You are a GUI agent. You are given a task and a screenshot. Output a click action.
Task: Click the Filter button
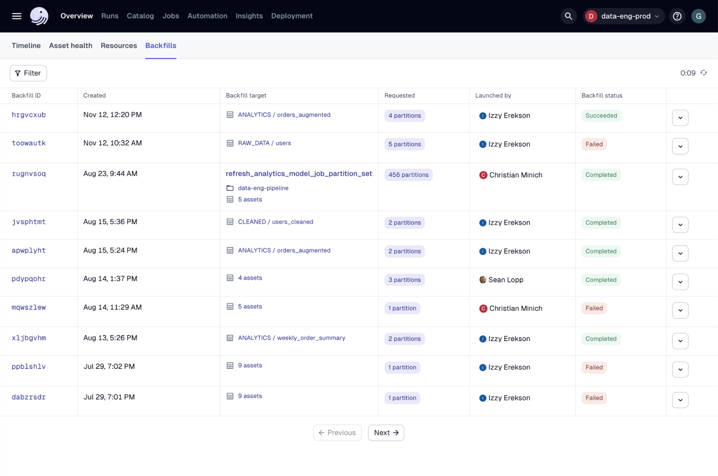click(28, 73)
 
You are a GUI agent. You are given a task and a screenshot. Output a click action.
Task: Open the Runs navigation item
click(110, 16)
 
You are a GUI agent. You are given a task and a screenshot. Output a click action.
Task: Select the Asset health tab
click(71, 46)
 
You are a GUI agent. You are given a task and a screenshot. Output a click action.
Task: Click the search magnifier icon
click(568, 16)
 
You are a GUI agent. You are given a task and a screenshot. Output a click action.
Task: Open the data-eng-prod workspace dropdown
click(624, 16)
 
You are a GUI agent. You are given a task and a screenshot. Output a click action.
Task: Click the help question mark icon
click(677, 16)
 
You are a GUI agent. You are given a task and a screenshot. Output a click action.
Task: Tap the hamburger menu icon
click(17, 16)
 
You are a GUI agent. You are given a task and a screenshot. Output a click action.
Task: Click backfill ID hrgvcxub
click(29, 115)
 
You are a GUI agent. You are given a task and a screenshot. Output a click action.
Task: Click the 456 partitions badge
click(408, 175)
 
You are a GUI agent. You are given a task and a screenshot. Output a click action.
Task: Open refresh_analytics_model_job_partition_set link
click(299, 174)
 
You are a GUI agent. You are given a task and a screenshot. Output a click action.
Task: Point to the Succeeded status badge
click(601, 115)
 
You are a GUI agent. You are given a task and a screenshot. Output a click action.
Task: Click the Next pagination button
click(386, 432)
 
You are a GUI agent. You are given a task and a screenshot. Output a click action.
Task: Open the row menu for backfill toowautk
click(680, 146)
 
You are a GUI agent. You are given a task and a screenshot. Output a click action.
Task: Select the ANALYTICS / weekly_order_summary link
click(292, 338)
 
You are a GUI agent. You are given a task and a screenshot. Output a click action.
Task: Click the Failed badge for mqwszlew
click(594, 308)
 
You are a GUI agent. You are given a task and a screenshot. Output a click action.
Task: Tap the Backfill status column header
click(602, 95)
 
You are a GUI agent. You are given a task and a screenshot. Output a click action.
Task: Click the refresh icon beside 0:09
click(704, 72)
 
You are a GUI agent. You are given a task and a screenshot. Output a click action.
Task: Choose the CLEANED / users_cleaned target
click(275, 222)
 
